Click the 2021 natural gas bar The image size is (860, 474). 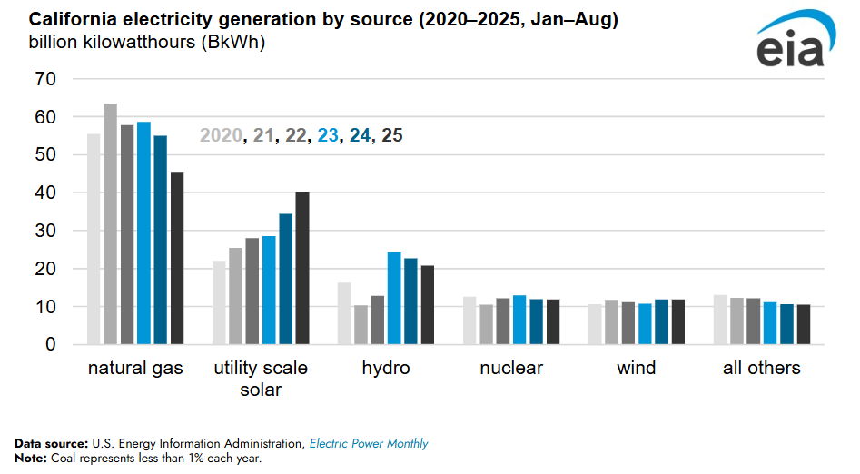pos(110,224)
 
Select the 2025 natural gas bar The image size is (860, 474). pos(177,258)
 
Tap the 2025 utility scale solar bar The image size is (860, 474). pos(302,268)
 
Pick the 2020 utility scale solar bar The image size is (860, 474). pos(219,302)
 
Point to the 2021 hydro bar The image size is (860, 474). pos(361,325)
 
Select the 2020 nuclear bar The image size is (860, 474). pos(470,321)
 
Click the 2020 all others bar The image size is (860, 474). pos(720,320)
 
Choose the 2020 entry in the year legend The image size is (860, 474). pos(221,135)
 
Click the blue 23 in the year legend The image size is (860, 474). pos(328,135)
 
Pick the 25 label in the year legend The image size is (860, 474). pos(392,135)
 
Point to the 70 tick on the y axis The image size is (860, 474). pos(46,79)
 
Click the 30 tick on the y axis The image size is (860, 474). pos(46,232)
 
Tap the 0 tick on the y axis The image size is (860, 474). pos(52,345)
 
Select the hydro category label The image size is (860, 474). pos(386,368)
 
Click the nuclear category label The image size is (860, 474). pos(511,368)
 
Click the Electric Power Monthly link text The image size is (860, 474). pos(369,444)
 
